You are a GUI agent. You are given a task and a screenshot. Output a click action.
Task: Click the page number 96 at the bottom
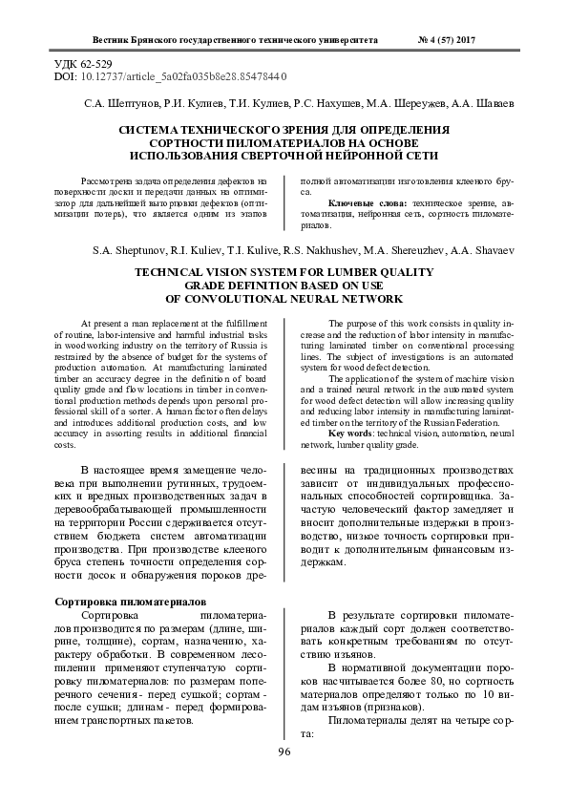click(284, 752)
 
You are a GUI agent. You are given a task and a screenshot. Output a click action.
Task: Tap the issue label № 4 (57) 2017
click(447, 40)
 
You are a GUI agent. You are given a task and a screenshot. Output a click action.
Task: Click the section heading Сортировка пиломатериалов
click(129, 603)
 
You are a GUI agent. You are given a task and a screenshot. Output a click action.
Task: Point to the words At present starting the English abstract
click(99, 325)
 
